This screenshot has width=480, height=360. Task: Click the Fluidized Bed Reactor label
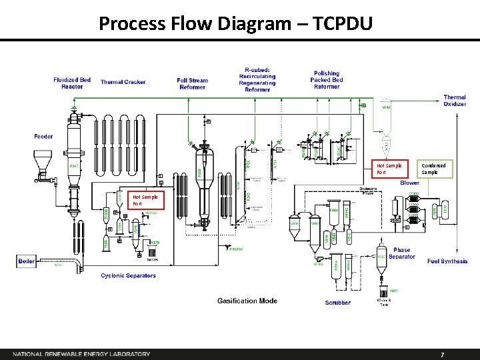coord(72,83)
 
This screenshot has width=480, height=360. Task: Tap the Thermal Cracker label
coord(123,83)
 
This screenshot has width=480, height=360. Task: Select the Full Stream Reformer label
coord(192,83)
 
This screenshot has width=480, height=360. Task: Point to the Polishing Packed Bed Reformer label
coord(326,80)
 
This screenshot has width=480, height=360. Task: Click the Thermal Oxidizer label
coord(455,101)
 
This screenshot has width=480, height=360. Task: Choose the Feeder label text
coord(44,137)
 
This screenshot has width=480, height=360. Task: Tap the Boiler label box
coord(27,261)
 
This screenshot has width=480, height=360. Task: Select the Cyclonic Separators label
coord(128,275)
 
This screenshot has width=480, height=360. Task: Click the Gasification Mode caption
coord(247,301)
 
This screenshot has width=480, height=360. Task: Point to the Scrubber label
coord(337,303)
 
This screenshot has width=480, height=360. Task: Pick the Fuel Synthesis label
coord(447,261)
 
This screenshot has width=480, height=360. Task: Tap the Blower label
coord(409,183)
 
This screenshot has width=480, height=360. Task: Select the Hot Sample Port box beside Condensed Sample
coord(389,169)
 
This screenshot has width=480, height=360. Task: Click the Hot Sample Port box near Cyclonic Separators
coord(145,200)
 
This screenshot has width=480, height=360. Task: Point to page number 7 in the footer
coord(442,355)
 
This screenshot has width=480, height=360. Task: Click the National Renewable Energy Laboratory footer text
coord(81,354)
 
